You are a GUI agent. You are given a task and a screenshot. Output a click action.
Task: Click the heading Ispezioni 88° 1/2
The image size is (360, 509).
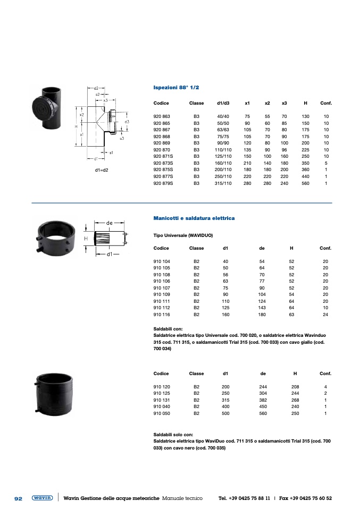(x=176, y=88)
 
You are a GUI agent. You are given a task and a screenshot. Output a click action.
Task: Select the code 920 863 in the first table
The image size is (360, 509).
(x=162, y=116)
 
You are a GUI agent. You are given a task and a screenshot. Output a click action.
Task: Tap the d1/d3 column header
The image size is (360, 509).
(x=223, y=103)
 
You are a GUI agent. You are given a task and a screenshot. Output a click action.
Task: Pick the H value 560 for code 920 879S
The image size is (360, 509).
(x=305, y=183)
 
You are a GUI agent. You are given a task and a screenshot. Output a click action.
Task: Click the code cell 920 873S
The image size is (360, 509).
(x=163, y=163)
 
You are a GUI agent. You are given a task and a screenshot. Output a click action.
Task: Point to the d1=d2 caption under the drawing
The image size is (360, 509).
(x=102, y=170)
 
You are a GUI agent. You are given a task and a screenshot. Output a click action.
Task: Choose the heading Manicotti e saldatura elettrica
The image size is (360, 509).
(x=194, y=218)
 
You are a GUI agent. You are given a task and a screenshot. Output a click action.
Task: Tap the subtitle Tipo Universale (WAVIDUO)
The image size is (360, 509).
(x=183, y=235)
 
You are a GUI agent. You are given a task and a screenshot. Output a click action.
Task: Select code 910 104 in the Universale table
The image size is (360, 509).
(x=162, y=261)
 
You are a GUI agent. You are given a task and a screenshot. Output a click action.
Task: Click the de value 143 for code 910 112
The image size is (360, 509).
(x=262, y=308)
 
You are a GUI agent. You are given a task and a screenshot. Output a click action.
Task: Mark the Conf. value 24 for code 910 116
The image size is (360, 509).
(x=325, y=315)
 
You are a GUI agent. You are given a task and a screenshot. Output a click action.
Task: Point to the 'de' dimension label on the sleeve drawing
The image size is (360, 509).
(x=109, y=223)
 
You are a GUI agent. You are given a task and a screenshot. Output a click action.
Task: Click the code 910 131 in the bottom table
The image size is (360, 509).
(x=162, y=400)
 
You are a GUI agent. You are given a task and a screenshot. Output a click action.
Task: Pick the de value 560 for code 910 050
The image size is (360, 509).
(x=263, y=413)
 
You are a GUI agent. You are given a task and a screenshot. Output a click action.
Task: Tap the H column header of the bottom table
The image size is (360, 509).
(x=295, y=374)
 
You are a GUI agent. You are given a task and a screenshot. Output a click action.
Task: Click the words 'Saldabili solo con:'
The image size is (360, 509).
(x=173, y=435)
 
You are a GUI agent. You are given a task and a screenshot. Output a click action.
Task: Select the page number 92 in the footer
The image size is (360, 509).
(x=19, y=498)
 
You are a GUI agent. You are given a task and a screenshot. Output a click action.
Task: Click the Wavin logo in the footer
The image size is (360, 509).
(x=42, y=498)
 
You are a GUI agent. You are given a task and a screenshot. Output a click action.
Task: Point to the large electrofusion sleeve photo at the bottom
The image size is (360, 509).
(x=54, y=394)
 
